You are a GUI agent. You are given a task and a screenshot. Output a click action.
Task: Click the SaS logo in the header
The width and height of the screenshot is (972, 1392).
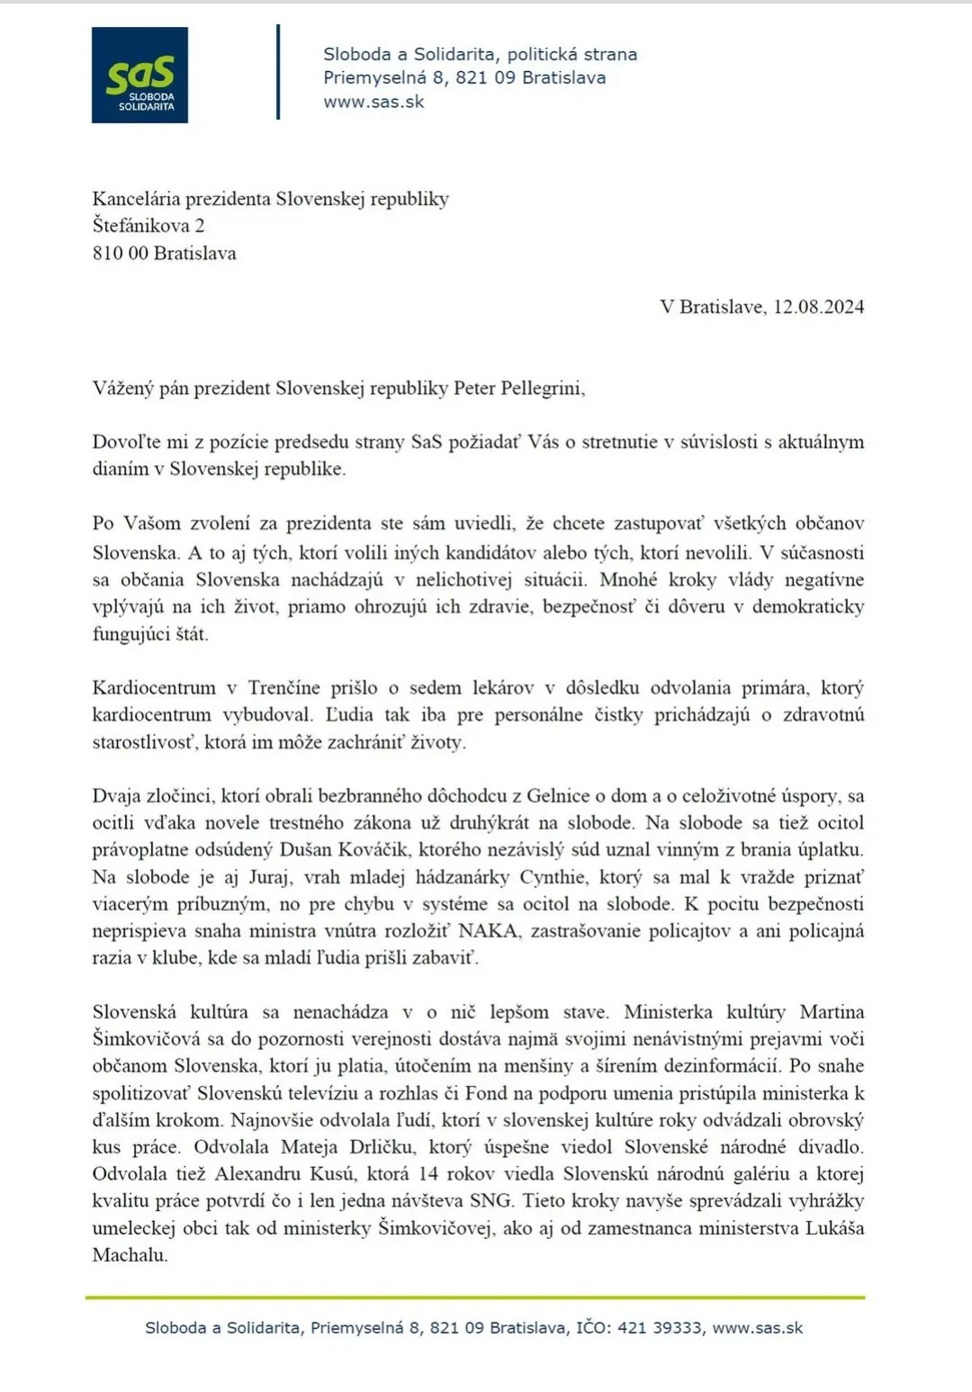click(139, 75)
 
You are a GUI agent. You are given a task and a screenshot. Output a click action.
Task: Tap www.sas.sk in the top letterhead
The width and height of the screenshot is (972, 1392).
click(373, 102)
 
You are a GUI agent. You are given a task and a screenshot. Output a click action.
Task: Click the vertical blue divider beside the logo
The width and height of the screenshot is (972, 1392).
click(278, 72)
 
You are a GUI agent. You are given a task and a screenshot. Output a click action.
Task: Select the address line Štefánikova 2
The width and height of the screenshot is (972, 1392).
click(148, 226)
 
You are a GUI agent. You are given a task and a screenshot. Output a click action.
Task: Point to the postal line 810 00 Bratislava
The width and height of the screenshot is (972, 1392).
click(164, 253)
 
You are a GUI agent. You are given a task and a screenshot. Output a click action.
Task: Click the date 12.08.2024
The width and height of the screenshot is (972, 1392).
click(818, 307)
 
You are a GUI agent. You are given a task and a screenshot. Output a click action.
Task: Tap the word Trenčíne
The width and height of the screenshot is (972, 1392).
click(283, 688)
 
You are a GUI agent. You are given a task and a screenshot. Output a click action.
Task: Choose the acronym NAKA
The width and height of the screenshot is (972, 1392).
click(488, 931)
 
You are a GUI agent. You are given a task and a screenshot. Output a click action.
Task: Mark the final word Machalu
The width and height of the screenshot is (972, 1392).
click(130, 1255)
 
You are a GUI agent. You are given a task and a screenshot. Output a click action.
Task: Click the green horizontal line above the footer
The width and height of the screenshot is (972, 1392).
click(475, 1298)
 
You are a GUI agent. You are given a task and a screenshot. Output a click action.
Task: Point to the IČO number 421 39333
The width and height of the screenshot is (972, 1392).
click(660, 1328)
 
